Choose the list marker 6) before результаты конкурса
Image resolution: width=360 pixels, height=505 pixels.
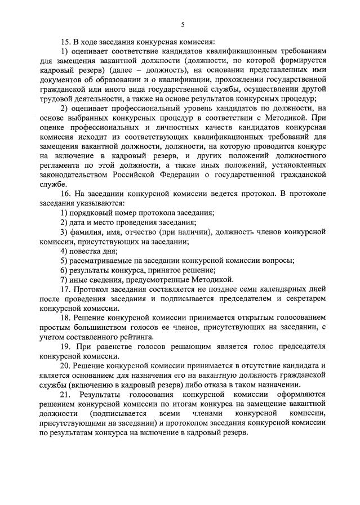[x=64, y=270]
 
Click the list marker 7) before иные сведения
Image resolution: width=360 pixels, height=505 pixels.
[x=64, y=279]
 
